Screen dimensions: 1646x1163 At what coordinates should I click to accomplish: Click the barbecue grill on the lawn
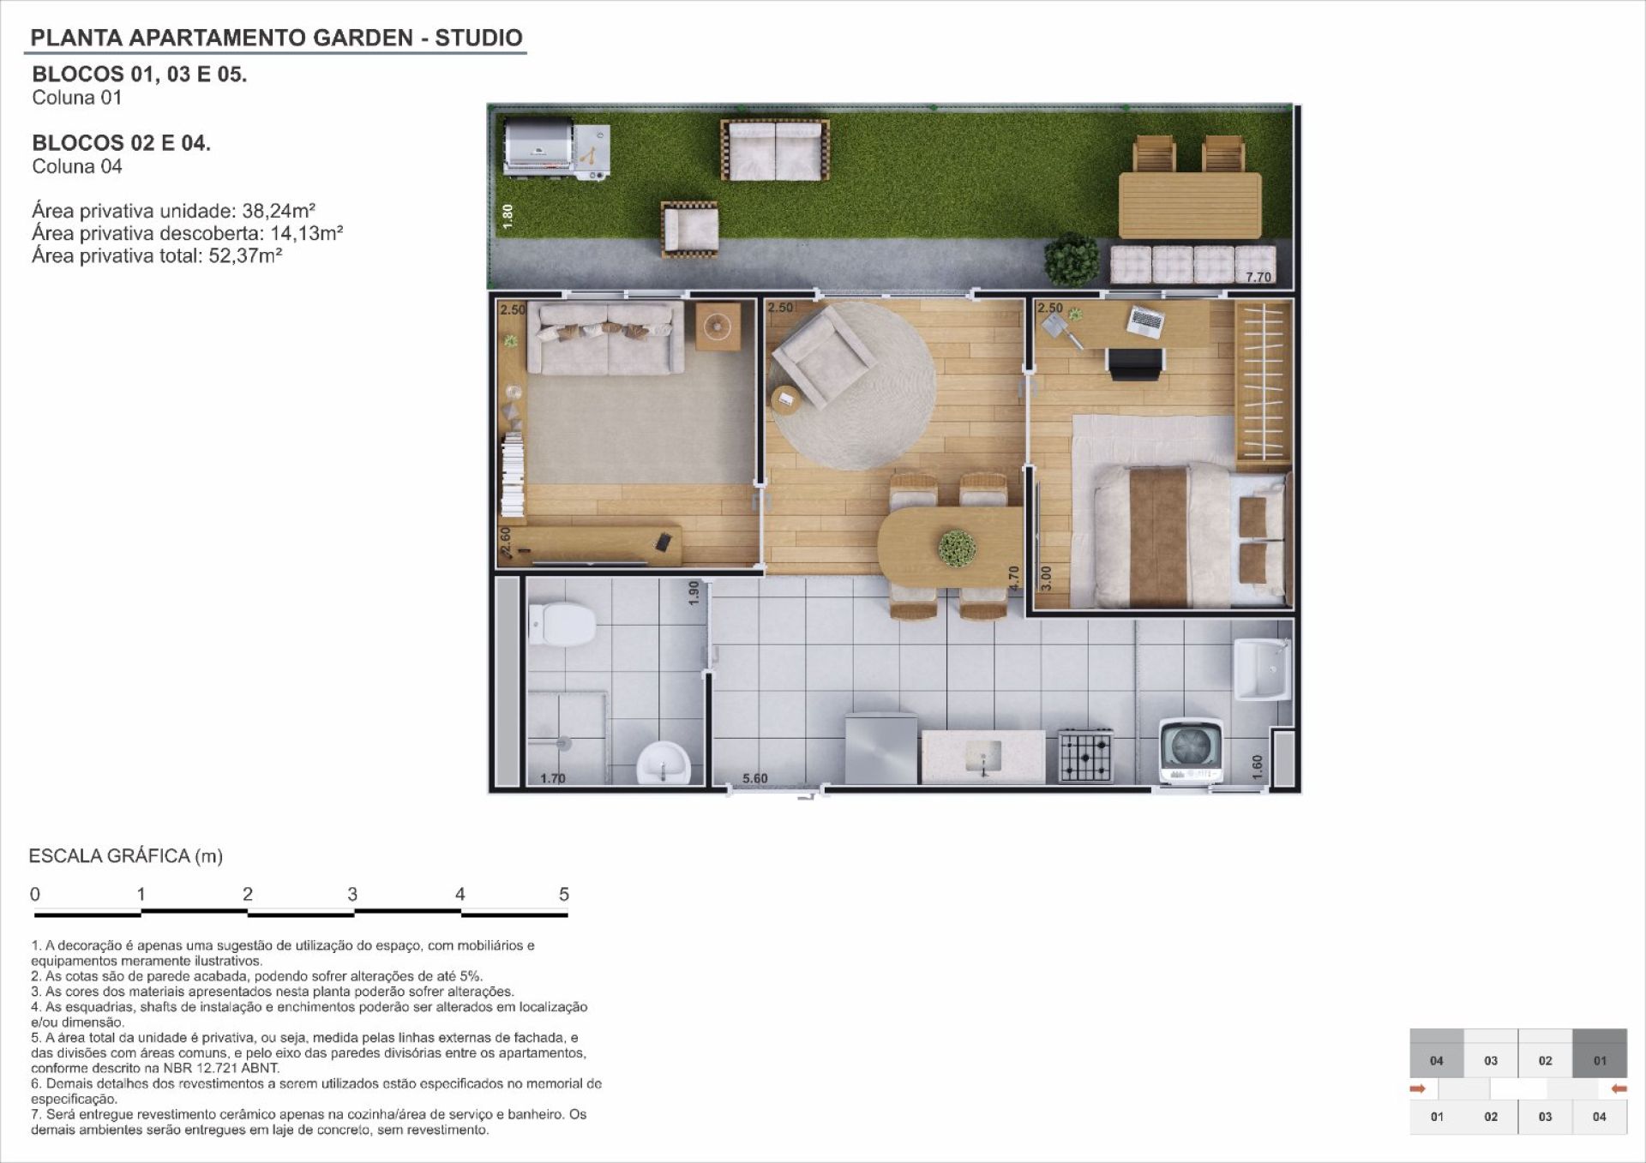(556, 151)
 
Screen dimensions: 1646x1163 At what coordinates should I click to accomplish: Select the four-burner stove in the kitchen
(1085, 755)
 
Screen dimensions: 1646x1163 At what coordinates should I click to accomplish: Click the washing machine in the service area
(1191, 752)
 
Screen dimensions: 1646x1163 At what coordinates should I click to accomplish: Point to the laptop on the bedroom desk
(1144, 321)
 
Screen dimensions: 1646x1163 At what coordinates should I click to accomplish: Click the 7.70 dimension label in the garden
(1258, 277)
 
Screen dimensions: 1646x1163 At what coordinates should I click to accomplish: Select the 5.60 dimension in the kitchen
(754, 778)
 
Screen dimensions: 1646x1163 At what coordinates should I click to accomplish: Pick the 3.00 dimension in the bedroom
(1045, 578)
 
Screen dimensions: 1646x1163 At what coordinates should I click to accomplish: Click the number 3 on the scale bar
(352, 894)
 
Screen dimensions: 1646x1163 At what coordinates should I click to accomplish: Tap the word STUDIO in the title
(478, 38)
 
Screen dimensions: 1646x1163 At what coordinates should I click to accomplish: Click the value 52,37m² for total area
(246, 255)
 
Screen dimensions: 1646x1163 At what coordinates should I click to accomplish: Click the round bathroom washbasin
(664, 762)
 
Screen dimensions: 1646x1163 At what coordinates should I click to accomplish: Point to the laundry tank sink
(1262, 669)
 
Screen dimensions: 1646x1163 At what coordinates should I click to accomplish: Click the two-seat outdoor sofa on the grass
(775, 150)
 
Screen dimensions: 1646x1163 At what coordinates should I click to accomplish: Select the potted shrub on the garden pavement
(1072, 259)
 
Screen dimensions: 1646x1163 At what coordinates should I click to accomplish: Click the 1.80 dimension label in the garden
(508, 216)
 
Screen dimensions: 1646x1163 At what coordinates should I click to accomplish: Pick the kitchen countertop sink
(983, 756)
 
